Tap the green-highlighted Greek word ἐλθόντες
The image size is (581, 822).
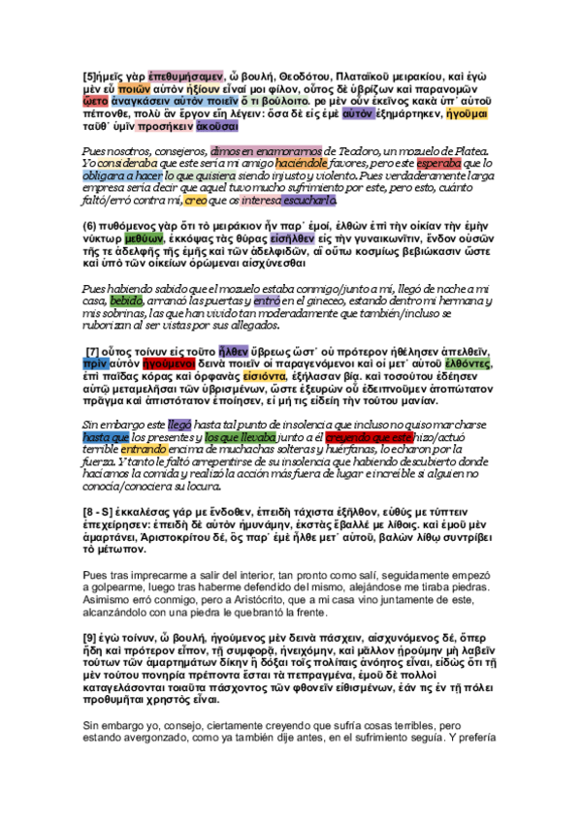pos(467,364)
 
